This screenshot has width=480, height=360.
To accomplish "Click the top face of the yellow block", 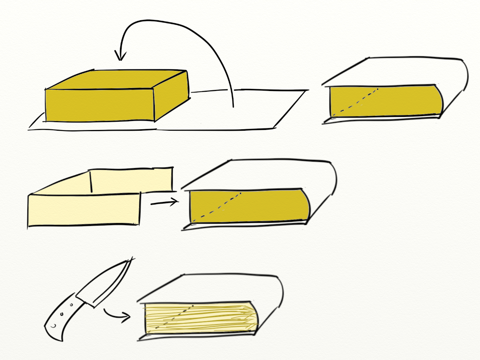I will coord(116,79).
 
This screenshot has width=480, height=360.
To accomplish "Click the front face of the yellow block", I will coord(99,106).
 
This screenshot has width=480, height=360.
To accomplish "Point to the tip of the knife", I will coord(132,259).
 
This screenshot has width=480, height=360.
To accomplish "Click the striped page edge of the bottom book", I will coord(199,318).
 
